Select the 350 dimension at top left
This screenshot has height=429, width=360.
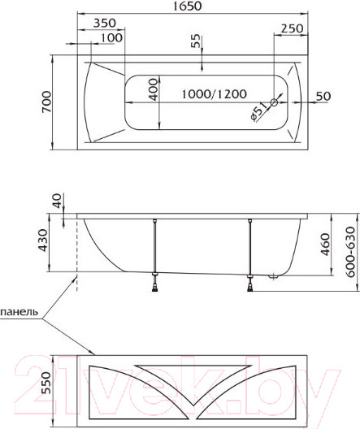click(x=102, y=24)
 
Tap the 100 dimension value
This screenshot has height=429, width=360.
click(x=113, y=37)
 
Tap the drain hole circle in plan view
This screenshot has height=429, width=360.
click(x=274, y=103)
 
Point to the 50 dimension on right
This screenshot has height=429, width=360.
click(x=323, y=97)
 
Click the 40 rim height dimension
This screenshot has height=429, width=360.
click(x=56, y=201)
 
